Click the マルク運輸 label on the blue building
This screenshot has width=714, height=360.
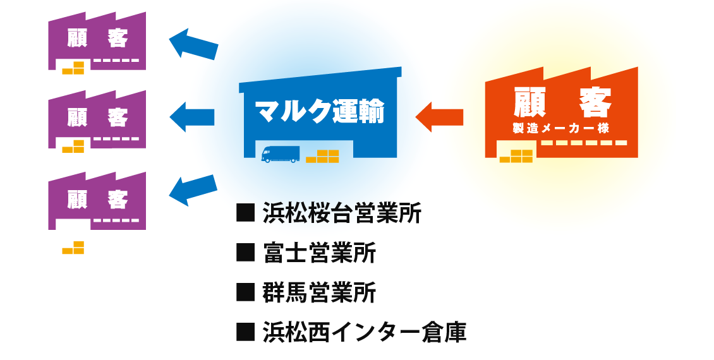coord(320,111)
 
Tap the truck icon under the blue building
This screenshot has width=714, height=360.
coord(280,154)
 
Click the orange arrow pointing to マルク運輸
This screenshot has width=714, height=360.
coord(439,117)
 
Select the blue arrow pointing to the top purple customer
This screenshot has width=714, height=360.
coord(193,44)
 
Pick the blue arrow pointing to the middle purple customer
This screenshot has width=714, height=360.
coord(191,117)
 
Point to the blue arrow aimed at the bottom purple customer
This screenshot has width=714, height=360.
coord(193,189)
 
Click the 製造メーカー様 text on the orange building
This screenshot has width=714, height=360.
coord(561,128)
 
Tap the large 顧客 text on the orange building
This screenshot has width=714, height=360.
coord(562,102)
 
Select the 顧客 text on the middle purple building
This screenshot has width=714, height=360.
coord(97,117)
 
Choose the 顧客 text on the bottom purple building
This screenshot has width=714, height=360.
coord(97,199)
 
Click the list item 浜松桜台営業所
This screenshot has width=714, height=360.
coord(342,213)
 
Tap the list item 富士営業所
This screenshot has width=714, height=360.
coord(319,253)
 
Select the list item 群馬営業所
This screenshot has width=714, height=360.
coord(319,292)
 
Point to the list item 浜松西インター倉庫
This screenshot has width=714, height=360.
coord(365,332)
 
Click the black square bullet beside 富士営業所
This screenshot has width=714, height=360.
coord(245,253)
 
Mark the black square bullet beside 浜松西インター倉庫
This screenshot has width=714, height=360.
coord(245,332)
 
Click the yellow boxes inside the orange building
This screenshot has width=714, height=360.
coord(516,156)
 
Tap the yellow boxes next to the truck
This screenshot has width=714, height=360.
coord(322,156)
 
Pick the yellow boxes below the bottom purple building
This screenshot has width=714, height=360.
coord(73,248)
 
